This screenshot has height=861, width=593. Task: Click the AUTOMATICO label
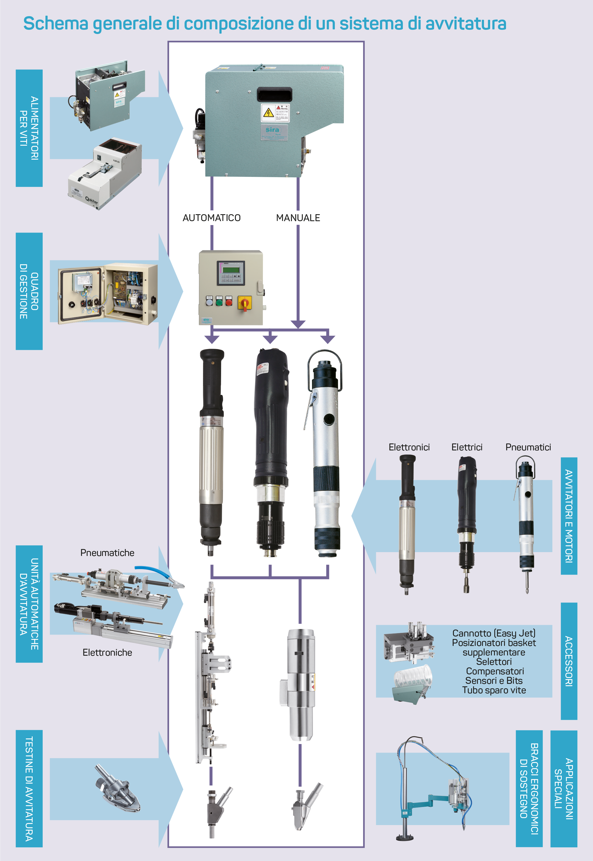click(x=211, y=218)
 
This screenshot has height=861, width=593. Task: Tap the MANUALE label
click(x=298, y=218)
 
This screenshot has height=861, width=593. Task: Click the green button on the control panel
click(x=219, y=301)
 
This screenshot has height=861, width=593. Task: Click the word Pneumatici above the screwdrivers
click(x=528, y=447)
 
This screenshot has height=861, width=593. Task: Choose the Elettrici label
click(x=467, y=447)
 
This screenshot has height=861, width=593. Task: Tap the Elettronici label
click(x=409, y=447)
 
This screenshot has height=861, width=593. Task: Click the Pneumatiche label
click(x=107, y=553)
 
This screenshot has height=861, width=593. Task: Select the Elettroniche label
click(x=107, y=652)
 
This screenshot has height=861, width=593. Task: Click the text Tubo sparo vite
click(x=494, y=690)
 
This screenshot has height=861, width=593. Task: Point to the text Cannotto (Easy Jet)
click(x=494, y=633)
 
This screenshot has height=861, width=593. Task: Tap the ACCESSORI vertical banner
click(x=568, y=661)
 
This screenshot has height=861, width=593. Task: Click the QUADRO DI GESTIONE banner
click(x=29, y=291)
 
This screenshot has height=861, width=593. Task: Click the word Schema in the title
click(x=56, y=23)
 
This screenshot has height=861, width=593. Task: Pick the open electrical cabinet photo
click(x=108, y=293)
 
